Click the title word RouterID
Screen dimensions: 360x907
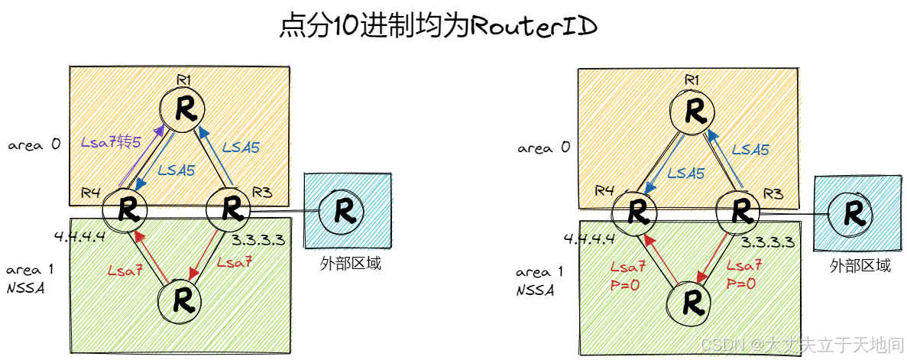[532, 25]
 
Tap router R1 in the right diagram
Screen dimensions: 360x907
[693, 112]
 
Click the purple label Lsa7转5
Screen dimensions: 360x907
[112, 142]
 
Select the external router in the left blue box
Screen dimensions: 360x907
[337, 210]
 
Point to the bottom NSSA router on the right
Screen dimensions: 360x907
[694, 302]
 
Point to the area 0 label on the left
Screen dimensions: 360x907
[34, 144]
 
